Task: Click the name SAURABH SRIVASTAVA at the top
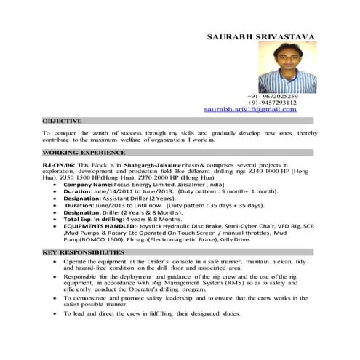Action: point(261,36)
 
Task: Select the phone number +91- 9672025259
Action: point(272,96)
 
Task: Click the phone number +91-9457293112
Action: point(272,103)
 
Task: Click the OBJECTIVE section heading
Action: point(62,121)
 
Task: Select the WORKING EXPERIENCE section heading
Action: point(84,153)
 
